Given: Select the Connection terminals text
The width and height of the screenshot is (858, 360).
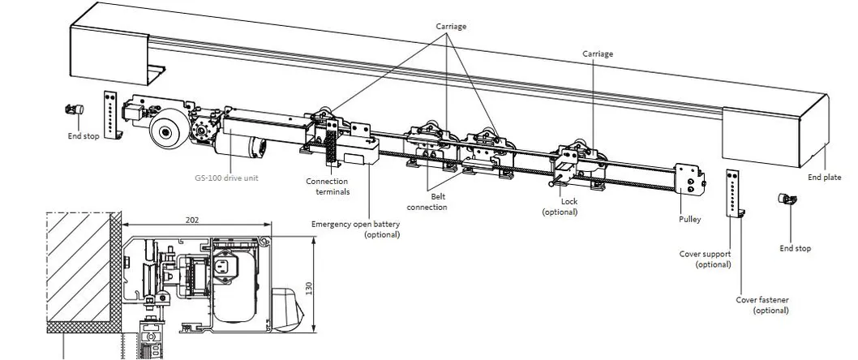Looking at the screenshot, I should tap(328, 186).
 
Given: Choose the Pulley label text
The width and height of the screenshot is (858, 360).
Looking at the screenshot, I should tap(690, 219).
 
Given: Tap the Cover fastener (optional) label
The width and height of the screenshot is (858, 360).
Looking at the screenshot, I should tap(762, 305).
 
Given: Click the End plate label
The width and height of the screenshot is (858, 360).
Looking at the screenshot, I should tap(824, 178).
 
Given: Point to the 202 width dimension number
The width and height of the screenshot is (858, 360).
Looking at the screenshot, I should tap(192, 219).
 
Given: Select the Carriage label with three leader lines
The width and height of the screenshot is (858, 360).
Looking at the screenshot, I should tap(451, 26).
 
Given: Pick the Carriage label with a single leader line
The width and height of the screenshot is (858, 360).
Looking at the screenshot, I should tap(598, 54).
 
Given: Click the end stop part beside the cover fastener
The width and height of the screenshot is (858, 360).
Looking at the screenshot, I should tap(785, 199).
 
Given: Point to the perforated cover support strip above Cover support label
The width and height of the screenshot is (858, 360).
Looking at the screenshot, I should tap(734, 194).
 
